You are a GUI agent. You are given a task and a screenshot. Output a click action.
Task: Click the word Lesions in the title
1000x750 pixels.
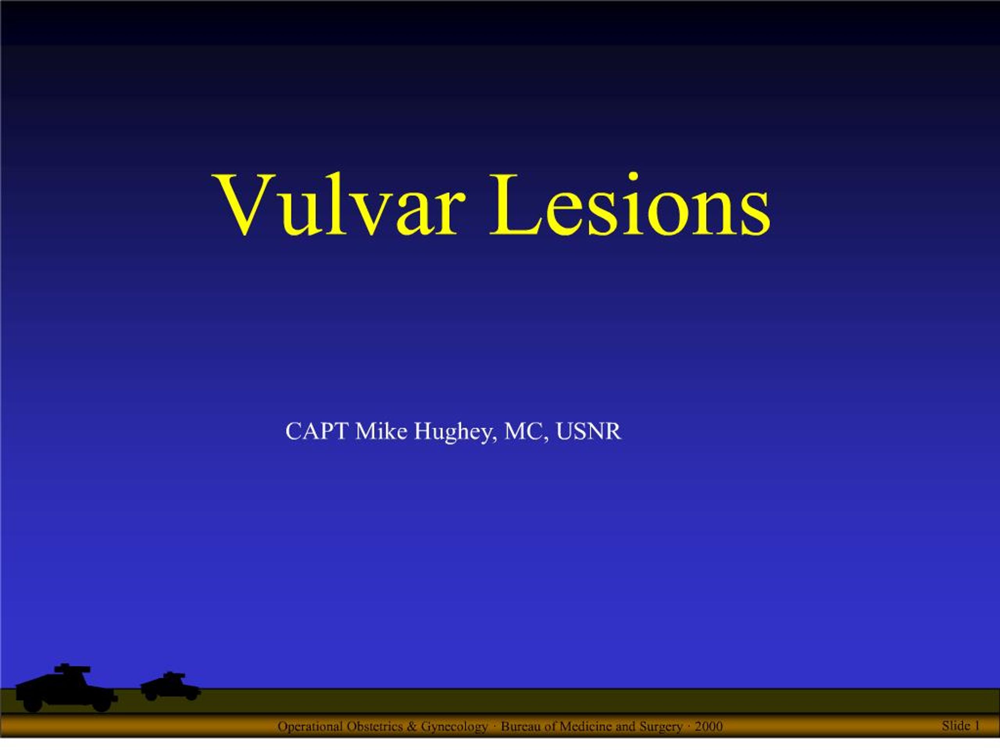pyautogui.click(x=630, y=205)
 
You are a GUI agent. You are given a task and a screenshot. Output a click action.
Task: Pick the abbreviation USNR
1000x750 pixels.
pyautogui.click(x=589, y=431)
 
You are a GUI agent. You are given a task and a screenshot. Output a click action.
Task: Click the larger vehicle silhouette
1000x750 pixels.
pyautogui.click(x=66, y=687)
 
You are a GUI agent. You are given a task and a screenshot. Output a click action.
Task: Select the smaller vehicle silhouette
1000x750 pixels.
pyautogui.click(x=170, y=686)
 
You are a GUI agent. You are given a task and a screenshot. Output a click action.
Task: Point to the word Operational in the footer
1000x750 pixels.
pyautogui.click(x=310, y=726)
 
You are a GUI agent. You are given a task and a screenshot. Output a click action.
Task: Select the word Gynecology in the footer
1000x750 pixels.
pyautogui.click(x=454, y=727)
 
